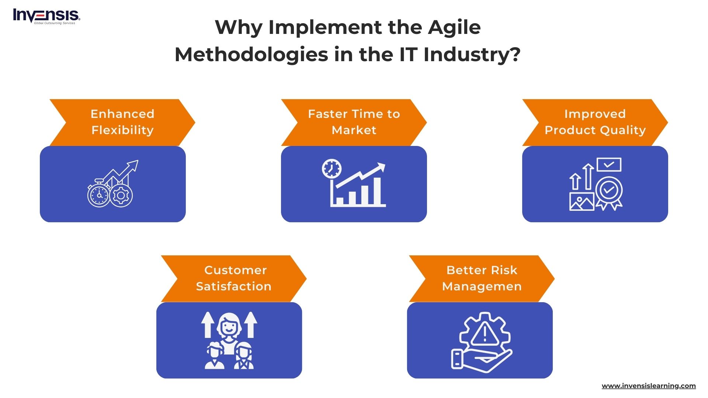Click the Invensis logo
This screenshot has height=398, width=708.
tap(46, 17)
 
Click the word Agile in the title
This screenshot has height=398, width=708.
tap(454, 27)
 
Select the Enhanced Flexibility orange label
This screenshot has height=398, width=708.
tap(122, 122)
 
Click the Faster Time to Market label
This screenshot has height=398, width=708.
tap(354, 122)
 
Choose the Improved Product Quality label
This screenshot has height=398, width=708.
tap(595, 122)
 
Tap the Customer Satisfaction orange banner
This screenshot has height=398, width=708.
tap(234, 278)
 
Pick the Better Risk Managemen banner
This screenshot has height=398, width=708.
tap(482, 278)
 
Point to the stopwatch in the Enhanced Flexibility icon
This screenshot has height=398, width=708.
tap(98, 195)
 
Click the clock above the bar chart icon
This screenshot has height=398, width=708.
tap(332, 169)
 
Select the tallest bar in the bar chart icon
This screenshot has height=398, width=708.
tap(377, 191)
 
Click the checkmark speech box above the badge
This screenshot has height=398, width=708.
tap(609, 164)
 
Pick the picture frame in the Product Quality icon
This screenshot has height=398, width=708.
tap(582, 202)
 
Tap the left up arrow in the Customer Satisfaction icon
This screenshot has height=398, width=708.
tap(208, 325)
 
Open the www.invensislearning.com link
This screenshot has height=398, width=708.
tap(648, 386)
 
